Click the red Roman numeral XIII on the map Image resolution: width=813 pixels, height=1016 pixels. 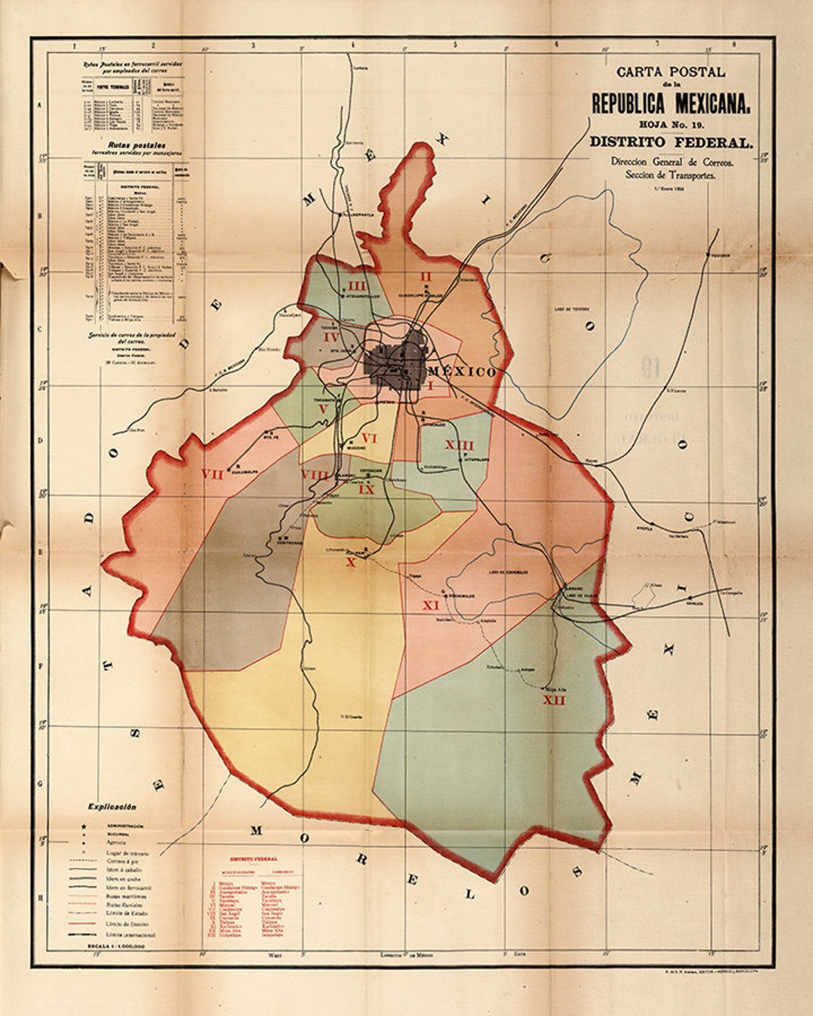[x=459, y=445]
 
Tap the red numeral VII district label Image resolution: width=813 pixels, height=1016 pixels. [x=212, y=474]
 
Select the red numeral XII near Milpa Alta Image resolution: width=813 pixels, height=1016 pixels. [x=554, y=701]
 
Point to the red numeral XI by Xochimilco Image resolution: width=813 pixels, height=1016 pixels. [x=431, y=605]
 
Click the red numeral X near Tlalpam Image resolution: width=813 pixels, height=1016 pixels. [x=349, y=561]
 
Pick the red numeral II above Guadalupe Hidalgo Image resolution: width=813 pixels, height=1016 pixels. [x=425, y=276]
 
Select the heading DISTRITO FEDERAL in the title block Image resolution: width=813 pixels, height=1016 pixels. [x=670, y=141]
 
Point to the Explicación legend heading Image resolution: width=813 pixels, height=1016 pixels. [x=111, y=806]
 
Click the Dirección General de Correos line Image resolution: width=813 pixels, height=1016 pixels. [x=671, y=162]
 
